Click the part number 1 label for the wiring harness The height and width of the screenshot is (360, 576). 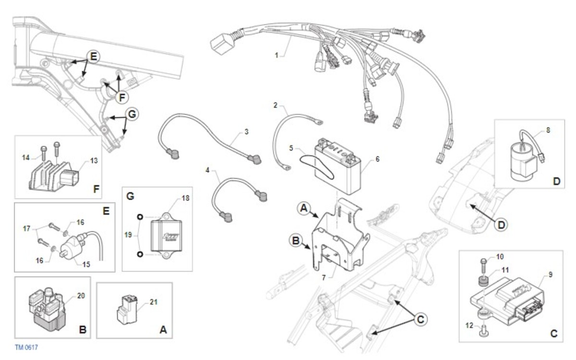coord(276,55)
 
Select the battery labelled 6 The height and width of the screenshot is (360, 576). coord(338,167)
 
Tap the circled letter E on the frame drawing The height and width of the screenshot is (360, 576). coord(93,57)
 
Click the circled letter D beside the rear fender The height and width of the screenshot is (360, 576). coord(501,225)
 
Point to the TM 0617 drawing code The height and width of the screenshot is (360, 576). coord(26,348)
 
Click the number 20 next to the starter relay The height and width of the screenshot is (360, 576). coord(81,296)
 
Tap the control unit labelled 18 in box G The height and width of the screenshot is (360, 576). coord(166,236)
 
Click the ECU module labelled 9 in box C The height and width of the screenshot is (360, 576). coord(507,300)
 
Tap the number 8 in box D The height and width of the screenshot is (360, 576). coord(548,130)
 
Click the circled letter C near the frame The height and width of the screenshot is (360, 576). coord(420,319)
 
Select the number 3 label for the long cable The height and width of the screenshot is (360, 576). coord(246,132)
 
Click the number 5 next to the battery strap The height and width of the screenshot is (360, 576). coord(291,148)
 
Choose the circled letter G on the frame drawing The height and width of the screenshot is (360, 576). coord(132,114)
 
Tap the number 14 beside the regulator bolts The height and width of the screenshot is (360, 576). coord(26,157)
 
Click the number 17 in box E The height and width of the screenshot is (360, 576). coord(26,228)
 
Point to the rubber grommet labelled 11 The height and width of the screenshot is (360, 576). coord(484,281)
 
